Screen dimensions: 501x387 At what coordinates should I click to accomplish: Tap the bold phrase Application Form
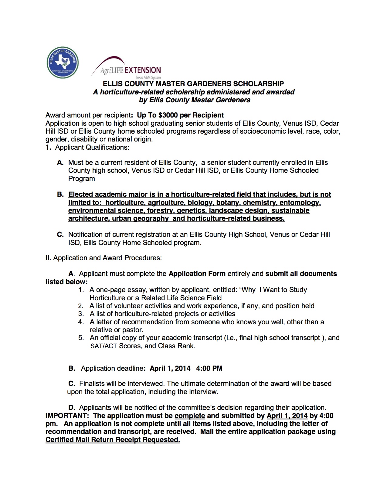197,274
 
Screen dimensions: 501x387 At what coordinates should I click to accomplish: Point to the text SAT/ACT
104,346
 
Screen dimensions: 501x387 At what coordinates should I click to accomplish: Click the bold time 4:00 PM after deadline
209,369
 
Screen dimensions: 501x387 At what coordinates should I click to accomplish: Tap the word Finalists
92,384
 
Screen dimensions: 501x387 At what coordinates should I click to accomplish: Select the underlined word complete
190,416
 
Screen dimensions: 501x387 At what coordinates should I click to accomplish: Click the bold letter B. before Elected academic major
60,195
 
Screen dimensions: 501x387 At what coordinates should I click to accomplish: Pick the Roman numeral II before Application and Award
47,258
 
